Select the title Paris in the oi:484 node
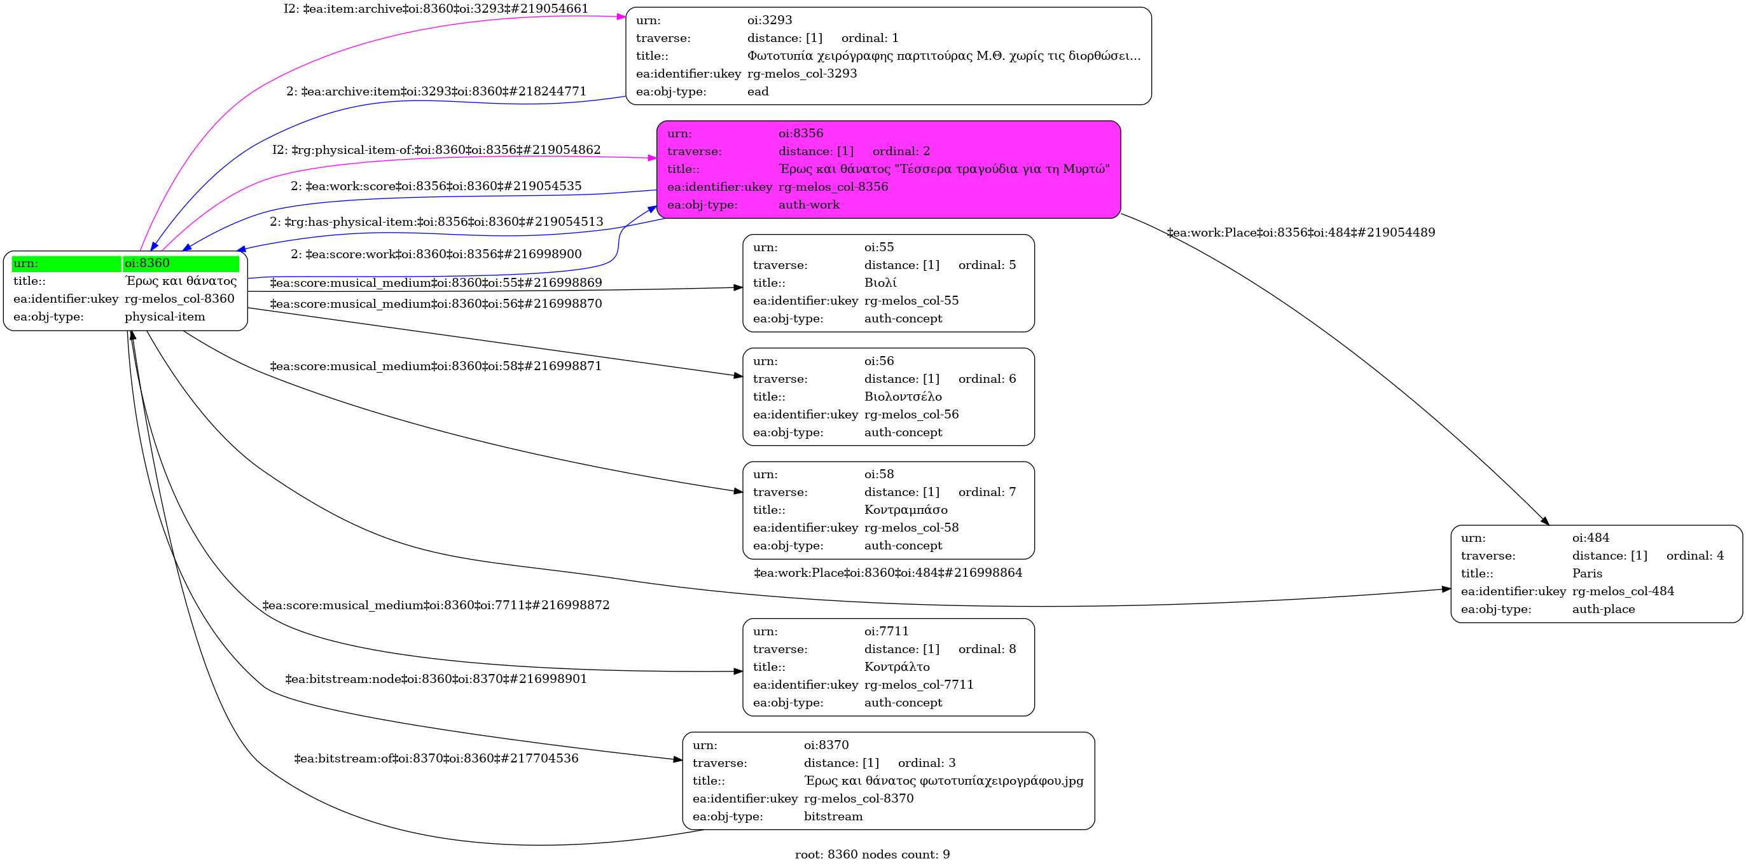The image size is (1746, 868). click(1587, 573)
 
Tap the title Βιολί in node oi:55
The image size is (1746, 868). click(880, 282)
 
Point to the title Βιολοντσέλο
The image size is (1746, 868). click(902, 396)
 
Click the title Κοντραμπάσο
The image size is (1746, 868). click(905, 509)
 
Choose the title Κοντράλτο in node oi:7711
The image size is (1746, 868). click(896, 667)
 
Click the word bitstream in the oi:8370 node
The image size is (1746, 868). click(833, 816)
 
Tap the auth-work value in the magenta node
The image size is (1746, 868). click(808, 205)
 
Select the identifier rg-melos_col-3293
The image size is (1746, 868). click(802, 73)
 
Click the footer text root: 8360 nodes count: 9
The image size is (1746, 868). click(871, 855)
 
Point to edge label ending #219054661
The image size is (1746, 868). click(436, 9)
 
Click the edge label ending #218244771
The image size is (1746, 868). click(436, 92)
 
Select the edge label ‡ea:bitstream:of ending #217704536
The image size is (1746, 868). click(436, 758)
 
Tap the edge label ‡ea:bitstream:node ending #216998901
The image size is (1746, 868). click(436, 679)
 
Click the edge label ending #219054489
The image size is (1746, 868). click(1300, 232)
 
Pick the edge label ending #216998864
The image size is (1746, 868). click(887, 573)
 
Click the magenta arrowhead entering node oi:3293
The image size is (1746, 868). click(621, 17)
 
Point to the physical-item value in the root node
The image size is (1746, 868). click(164, 317)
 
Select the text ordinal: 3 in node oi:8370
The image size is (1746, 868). click(926, 763)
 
